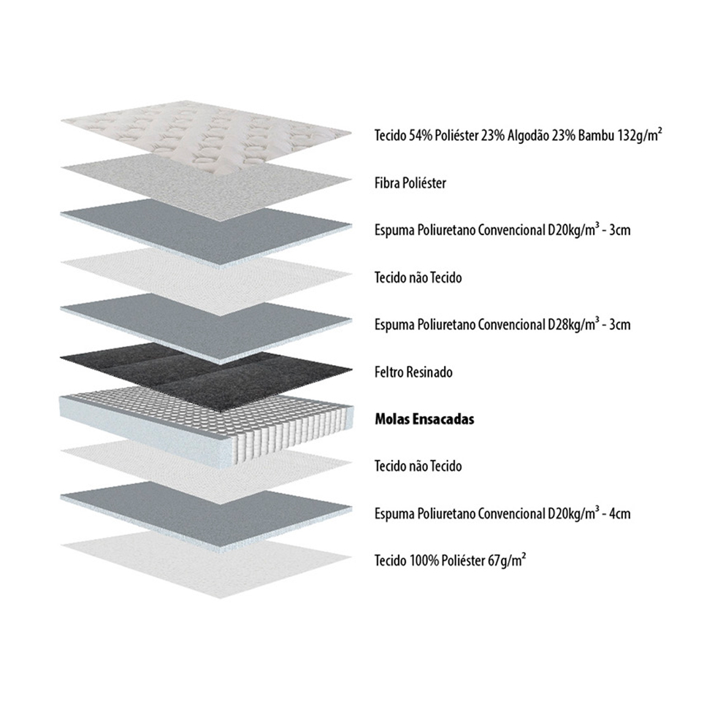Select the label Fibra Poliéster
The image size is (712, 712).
coord(410,183)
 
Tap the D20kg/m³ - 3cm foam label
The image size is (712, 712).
coord(502,230)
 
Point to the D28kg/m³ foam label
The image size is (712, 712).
coord(502,324)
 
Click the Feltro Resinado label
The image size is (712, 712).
coord(413,372)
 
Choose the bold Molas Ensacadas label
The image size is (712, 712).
coord(424,419)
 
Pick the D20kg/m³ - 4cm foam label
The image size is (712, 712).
coord(502,513)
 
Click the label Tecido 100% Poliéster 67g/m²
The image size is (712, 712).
coord(451,560)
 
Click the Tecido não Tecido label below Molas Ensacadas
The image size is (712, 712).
coord(418,466)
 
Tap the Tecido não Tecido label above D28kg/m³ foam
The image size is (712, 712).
coord(418,277)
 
